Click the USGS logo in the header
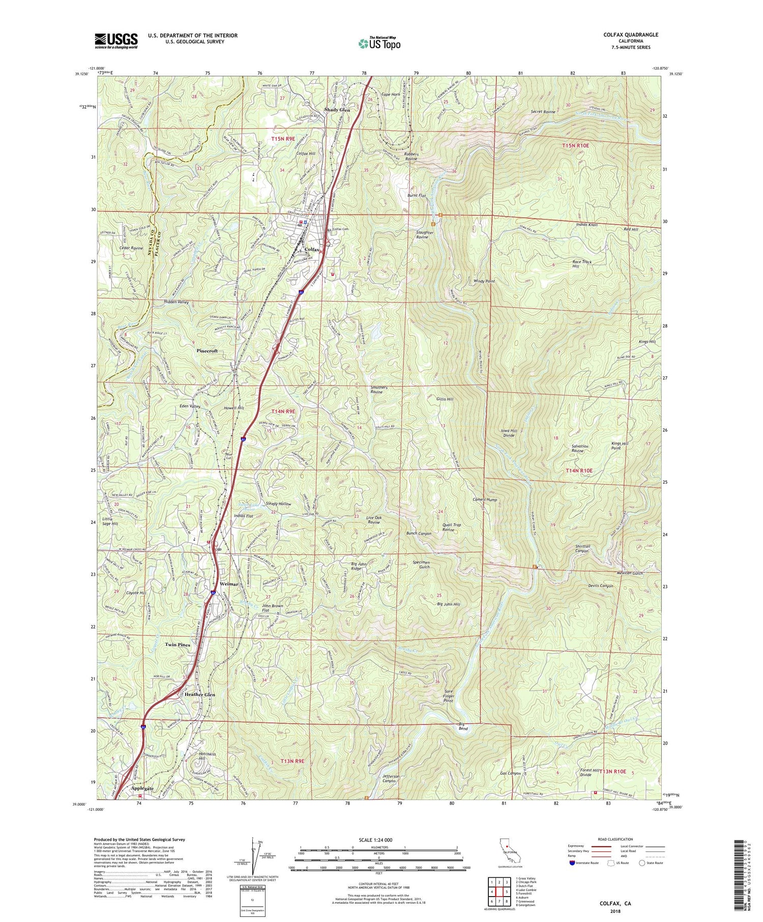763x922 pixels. tap(116, 41)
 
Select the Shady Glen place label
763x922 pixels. tap(338, 110)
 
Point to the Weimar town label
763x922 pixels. tap(229, 584)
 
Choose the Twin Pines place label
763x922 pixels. tap(178, 644)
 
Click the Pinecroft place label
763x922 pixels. tap(208, 351)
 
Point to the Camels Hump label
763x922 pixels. tap(484, 500)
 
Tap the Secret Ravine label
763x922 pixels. tap(543, 111)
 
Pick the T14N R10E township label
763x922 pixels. tap(579, 471)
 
